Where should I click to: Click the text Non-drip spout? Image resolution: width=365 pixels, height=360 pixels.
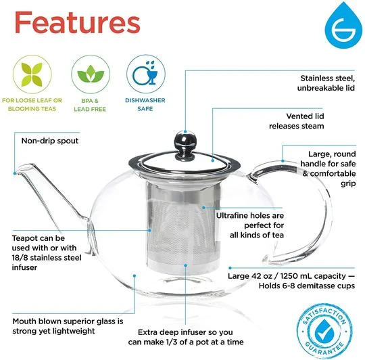(x=49, y=141)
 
